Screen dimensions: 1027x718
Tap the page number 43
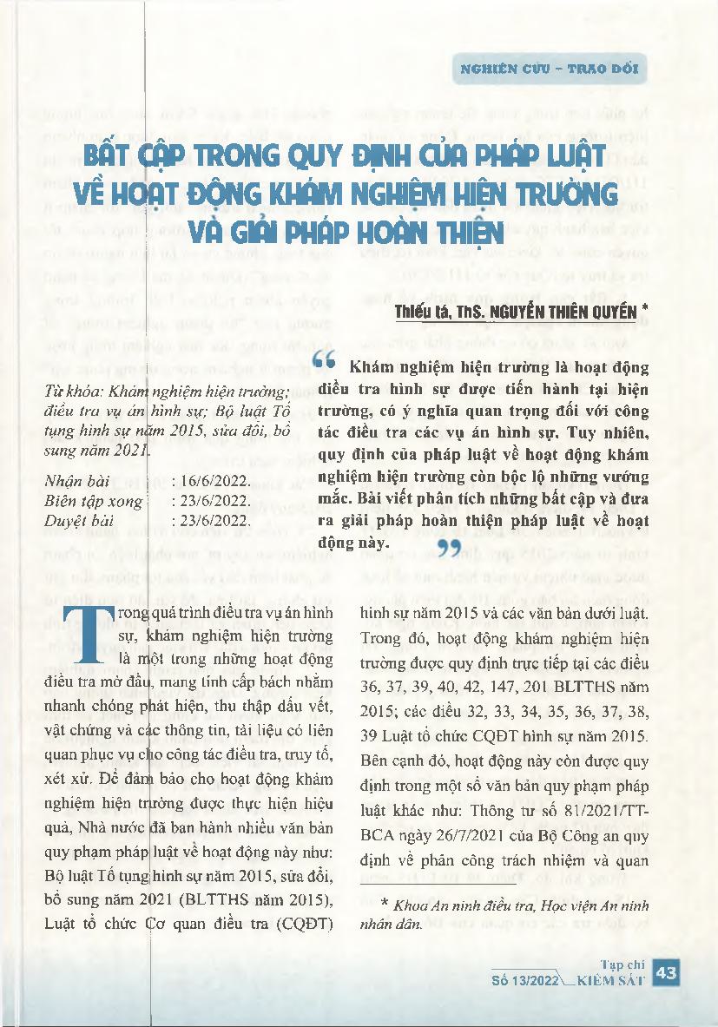[668, 974]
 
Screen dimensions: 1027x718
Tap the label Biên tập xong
[85, 501]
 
